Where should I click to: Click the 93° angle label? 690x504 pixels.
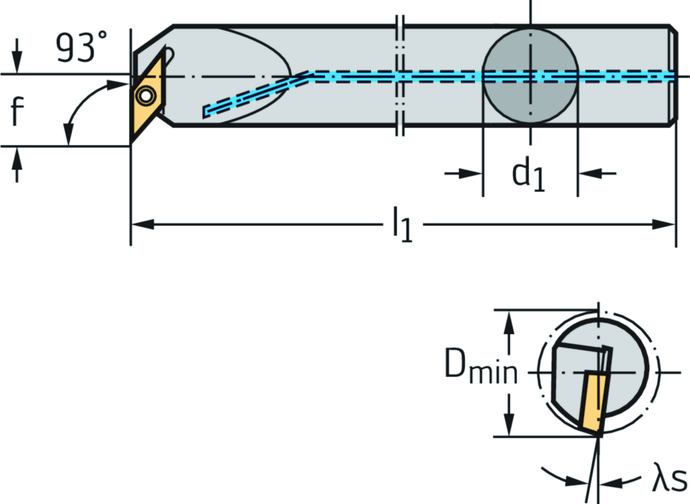click(x=82, y=49)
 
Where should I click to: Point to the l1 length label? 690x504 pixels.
click(x=402, y=226)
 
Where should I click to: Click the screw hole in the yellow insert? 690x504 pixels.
click(x=144, y=96)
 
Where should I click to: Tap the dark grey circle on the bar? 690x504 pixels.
click(x=530, y=75)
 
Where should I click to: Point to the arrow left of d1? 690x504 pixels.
click(x=472, y=174)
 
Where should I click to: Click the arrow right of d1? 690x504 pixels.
click(x=589, y=174)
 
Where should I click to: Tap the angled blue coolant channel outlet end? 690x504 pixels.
click(x=206, y=110)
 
